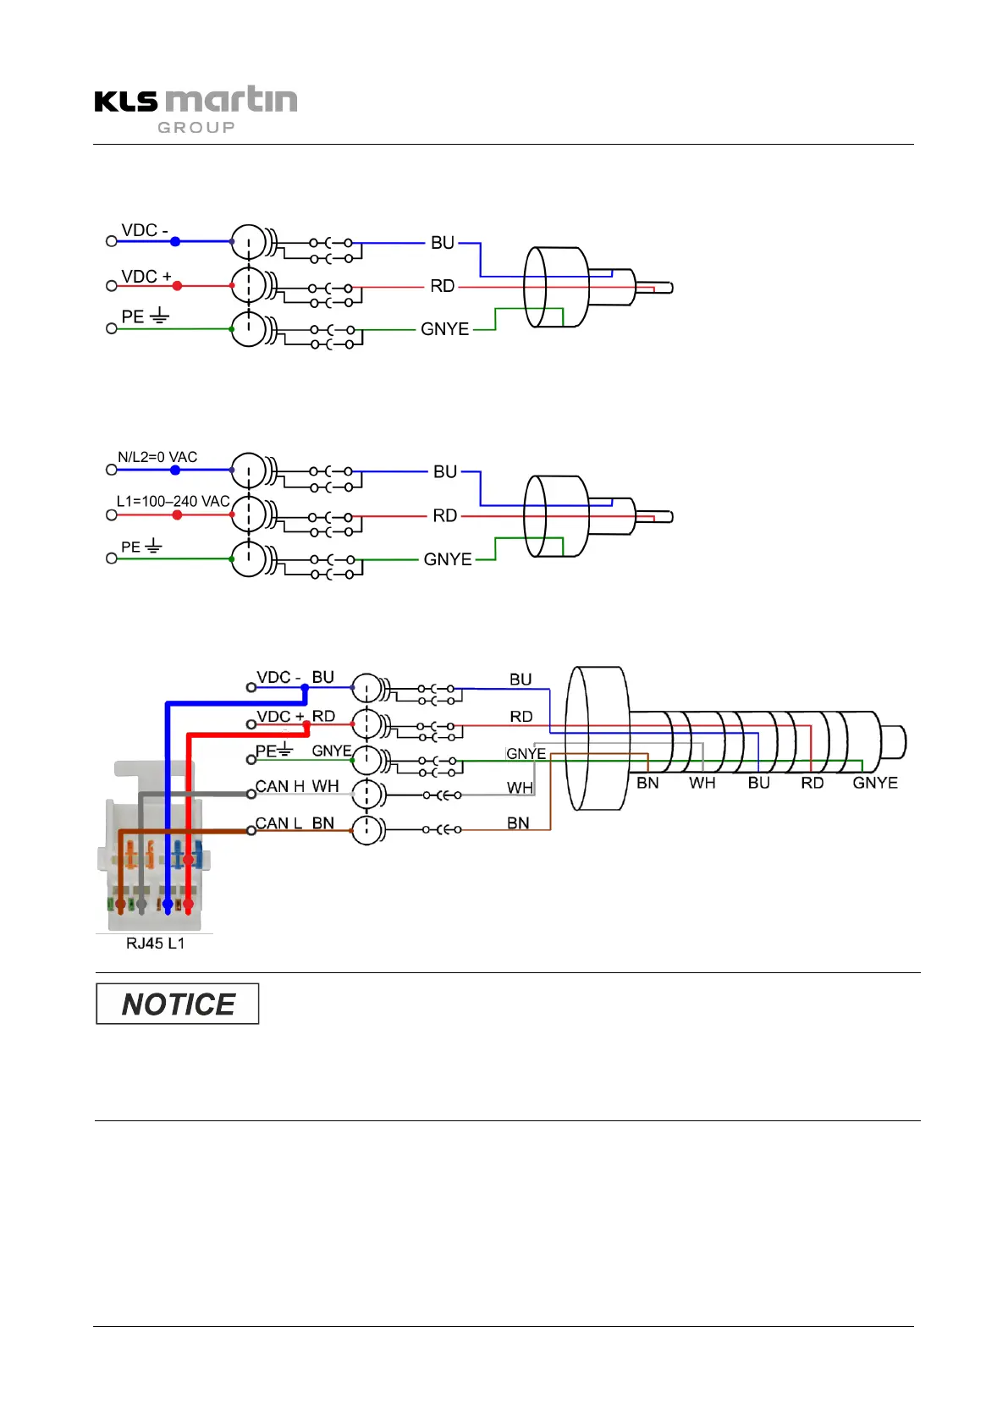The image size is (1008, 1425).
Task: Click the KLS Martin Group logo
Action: tap(196, 109)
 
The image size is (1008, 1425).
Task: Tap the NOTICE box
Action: tap(178, 1004)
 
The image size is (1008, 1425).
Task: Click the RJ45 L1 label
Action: tap(155, 943)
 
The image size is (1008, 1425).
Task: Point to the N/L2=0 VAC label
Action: tap(157, 457)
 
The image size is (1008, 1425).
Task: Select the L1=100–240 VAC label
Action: tap(174, 501)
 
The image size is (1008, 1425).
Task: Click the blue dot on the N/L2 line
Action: tap(175, 470)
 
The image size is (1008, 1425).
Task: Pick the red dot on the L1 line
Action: tap(177, 514)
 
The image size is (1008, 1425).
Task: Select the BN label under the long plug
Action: tap(647, 783)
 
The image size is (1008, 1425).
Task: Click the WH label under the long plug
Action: tap(702, 783)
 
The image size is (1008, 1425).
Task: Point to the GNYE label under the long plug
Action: tap(875, 783)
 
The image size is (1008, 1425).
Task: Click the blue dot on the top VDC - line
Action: tap(175, 241)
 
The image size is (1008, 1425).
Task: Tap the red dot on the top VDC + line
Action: tap(177, 286)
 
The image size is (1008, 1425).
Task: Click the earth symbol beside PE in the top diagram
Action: tap(160, 315)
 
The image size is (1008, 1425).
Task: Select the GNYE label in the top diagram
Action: tap(445, 329)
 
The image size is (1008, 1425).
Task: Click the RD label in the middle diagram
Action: tap(445, 515)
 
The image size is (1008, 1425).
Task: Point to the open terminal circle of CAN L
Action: tap(251, 831)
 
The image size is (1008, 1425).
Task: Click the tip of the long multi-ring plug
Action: tap(905, 742)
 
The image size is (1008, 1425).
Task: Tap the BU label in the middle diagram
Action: tap(445, 471)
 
